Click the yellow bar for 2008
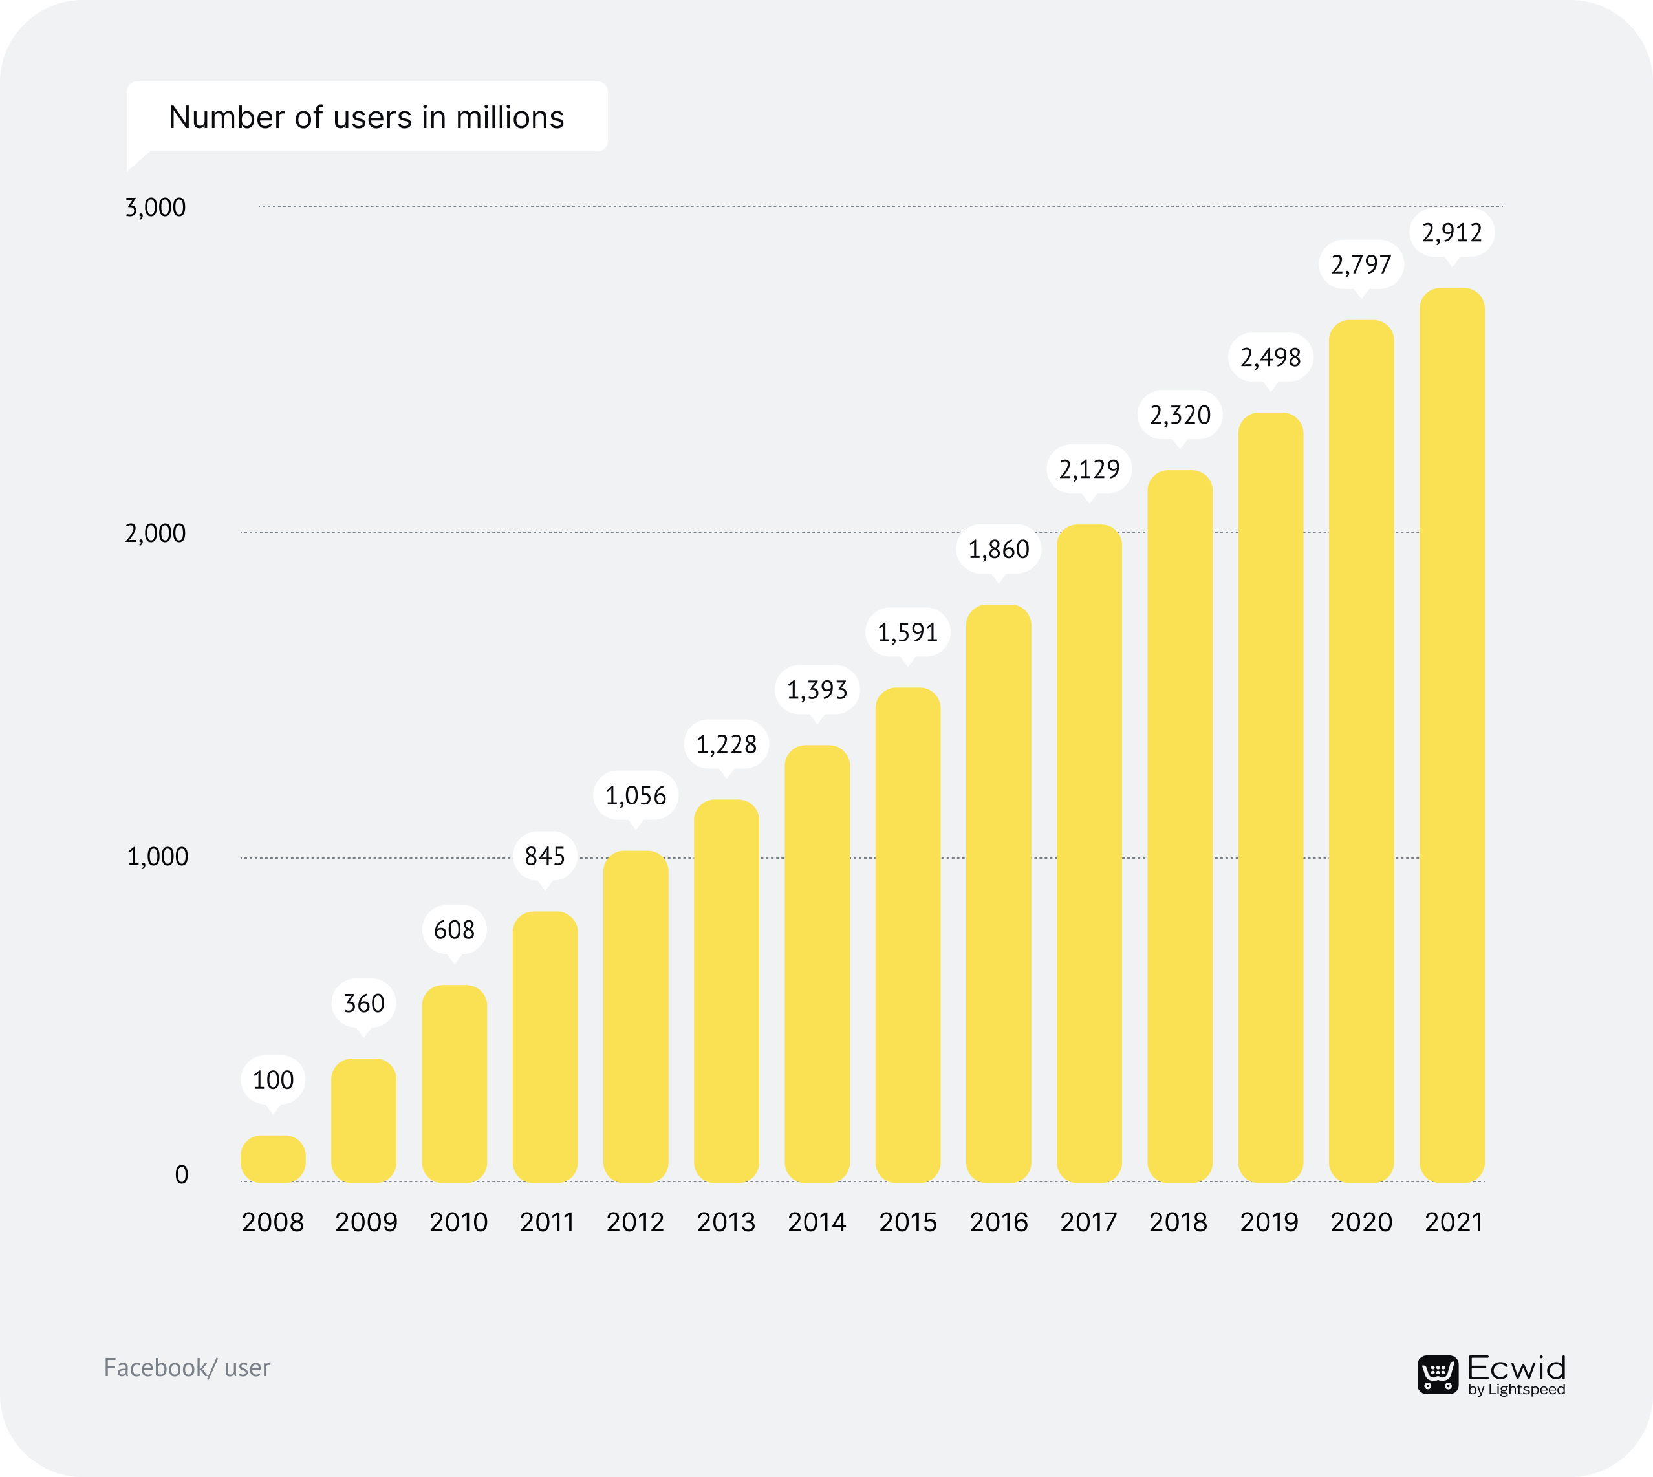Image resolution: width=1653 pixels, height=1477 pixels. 273,1158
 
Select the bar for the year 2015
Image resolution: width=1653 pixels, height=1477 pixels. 907,933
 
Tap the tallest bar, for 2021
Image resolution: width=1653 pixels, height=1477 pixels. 1451,735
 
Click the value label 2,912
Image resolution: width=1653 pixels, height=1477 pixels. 1451,233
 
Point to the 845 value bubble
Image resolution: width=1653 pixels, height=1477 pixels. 545,856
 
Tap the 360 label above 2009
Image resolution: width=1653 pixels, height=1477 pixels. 363,1004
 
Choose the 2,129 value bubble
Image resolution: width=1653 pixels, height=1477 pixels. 1089,469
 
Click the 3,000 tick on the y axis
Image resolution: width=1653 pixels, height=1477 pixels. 155,208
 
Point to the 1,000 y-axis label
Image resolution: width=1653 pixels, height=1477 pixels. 157,857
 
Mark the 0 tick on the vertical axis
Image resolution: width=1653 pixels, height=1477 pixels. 181,1175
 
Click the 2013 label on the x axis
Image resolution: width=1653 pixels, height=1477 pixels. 726,1222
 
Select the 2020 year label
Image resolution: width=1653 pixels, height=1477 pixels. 1361,1222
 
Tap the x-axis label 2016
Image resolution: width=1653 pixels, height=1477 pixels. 998,1222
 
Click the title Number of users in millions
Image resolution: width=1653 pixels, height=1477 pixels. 366,118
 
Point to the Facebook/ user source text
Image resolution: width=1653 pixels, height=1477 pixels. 187,1368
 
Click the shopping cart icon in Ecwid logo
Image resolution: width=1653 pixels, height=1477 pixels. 1437,1375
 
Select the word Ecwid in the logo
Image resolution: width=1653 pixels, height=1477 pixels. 1516,1368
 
